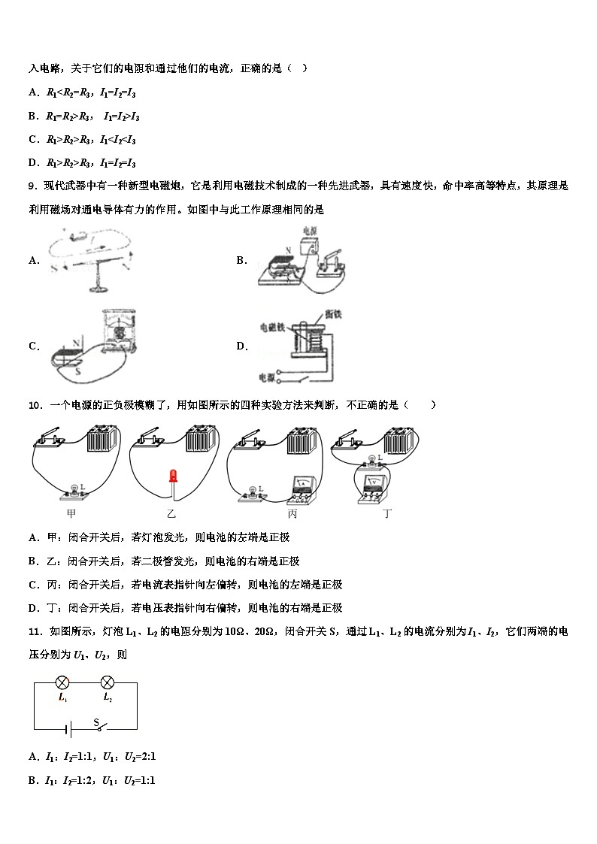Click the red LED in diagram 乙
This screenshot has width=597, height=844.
(x=173, y=476)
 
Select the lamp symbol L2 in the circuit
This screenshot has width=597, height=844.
(x=108, y=682)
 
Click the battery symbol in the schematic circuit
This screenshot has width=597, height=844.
(x=67, y=729)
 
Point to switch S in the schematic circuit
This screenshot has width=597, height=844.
(x=98, y=727)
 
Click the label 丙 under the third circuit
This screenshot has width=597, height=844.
(x=292, y=514)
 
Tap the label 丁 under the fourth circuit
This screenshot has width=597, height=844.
(x=387, y=514)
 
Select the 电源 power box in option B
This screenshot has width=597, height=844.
(x=311, y=247)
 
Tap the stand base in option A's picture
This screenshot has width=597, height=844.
(x=96, y=288)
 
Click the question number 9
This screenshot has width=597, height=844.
(x=32, y=186)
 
